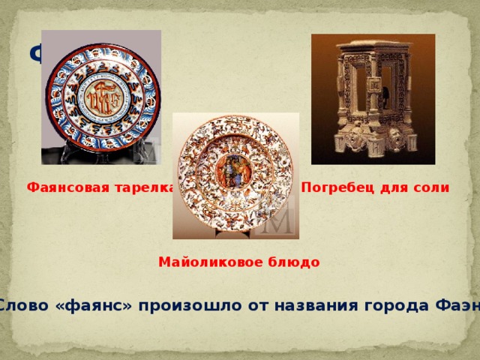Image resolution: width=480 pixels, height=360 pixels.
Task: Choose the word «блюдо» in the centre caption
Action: pos(294,262)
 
